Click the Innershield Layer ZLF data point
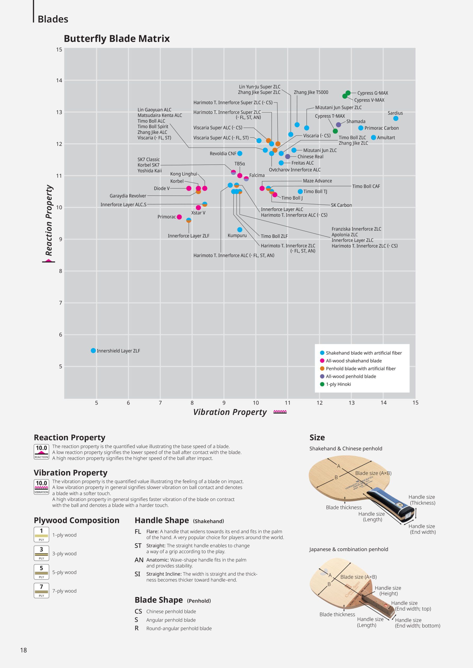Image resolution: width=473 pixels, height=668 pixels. [x=93, y=351]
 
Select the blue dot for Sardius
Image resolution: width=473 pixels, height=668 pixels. [x=395, y=118]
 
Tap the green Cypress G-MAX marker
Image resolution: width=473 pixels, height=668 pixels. [x=348, y=93]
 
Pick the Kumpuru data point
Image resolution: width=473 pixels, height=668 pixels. [x=240, y=230]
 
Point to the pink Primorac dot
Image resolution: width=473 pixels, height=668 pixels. [x=179, y=217]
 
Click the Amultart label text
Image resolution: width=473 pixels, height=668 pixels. [x=386, y=138]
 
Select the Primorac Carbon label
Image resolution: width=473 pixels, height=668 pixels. [x=382, y=128]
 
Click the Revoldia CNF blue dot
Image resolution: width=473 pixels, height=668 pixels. [x=240, y=153]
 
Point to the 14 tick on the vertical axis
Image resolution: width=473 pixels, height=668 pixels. [x=59, y=81]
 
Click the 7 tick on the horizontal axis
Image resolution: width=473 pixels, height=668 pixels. [x=160, y=403]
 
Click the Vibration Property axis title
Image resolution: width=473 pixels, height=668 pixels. [x=230, y=412]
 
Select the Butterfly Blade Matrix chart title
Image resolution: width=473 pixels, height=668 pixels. [x=116, y=39]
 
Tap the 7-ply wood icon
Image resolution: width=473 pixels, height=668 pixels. [x=41, y=591]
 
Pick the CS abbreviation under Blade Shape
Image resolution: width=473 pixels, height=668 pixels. [x=138, y=611]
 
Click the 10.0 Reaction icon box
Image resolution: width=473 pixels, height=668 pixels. [x=41, y=452]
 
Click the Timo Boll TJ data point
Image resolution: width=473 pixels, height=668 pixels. [x=300, y=192]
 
